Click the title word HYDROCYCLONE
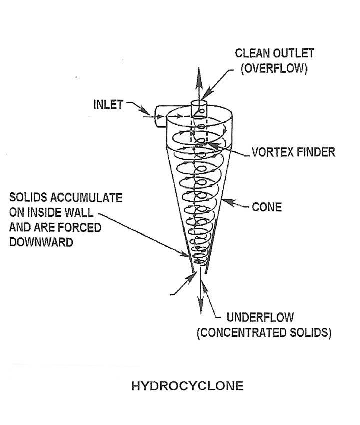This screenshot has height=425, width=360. point(187,386)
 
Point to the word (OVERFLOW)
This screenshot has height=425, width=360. point(274,69)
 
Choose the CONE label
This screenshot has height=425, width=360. point(267,206)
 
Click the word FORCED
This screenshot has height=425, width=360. point(82,228)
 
